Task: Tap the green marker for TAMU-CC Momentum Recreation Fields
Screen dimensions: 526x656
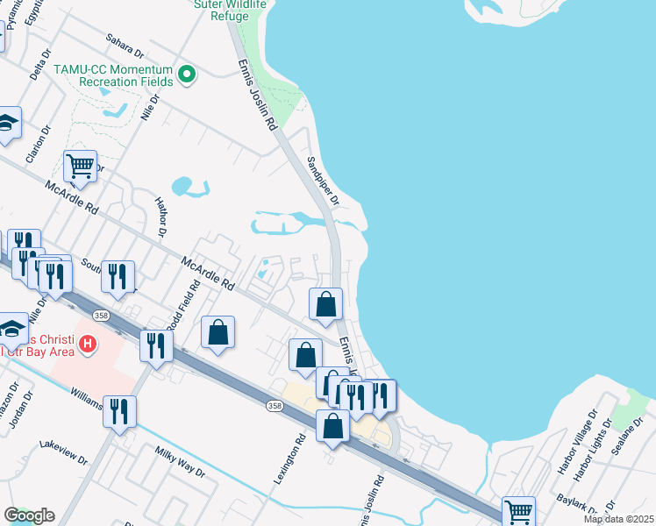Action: click(186, 75)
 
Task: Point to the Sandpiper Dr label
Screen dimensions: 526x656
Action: click(323, 179)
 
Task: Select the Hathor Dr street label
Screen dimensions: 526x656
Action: click(161, 217)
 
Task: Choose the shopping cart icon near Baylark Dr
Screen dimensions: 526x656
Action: click(518, 511)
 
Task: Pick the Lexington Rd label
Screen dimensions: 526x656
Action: click(288, 462)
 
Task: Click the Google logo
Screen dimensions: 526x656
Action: click(29, 515)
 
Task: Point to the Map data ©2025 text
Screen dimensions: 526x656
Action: click(617, 519)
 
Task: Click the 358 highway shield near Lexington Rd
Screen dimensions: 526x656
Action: click(274, 405)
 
